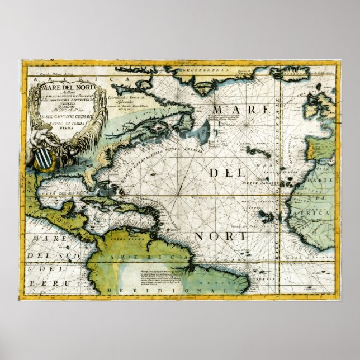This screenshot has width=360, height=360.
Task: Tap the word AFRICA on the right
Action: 315,213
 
